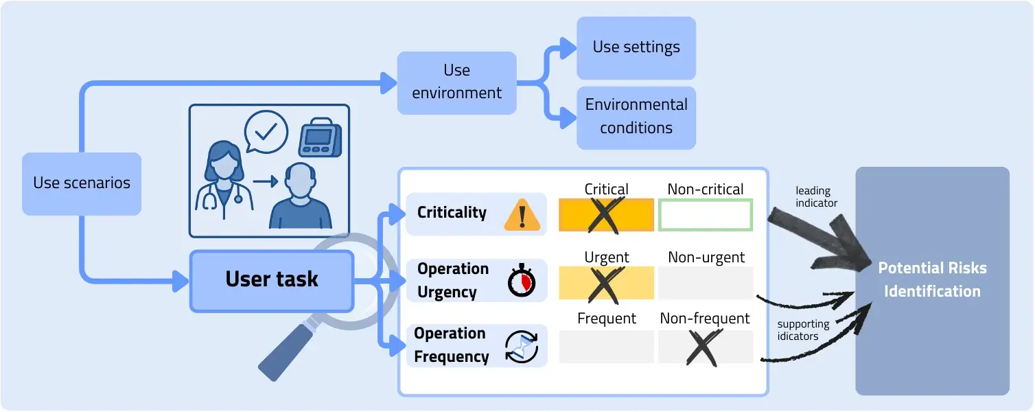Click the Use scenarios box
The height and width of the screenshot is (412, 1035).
[82, 183]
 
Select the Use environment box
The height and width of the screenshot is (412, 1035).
[456, 82]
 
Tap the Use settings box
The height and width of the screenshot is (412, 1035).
[636, 47]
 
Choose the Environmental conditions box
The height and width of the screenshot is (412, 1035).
[636, 117]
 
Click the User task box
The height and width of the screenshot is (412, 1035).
[272, 279]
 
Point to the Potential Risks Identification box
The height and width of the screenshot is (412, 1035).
[931, 280]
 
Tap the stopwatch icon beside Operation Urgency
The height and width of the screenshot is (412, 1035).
[522, 281]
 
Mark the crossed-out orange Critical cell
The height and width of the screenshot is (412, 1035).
[606, 214]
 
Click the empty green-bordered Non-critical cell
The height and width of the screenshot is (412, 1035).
[705, 214]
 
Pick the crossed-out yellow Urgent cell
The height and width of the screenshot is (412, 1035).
[606, 283]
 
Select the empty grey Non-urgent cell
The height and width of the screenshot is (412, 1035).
[705, 283]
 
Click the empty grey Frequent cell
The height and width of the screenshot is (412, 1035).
[606, 347]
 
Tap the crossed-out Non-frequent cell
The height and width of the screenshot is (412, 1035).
[705, 347]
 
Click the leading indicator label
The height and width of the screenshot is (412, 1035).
[817, 196]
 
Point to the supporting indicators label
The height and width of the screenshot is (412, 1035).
[803, 330]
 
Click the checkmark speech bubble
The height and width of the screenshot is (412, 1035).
[266, 131]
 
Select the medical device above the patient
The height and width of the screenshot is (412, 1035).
[320, 139]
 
